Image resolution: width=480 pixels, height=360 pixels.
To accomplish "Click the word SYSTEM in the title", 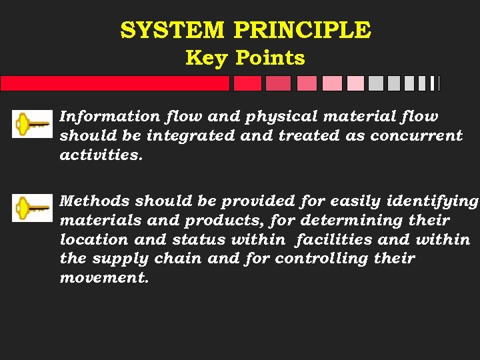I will (x=173, y=30).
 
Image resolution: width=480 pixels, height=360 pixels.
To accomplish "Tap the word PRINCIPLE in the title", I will (x=302, y=30).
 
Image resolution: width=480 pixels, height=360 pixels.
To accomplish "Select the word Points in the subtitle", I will (x=270, y=58).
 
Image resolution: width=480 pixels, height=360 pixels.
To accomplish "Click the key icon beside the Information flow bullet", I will (x=32, y=124).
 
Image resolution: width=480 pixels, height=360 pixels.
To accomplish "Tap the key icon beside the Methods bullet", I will (x=32, y=208).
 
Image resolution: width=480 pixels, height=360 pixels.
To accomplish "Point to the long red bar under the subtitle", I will (x=115, y=83).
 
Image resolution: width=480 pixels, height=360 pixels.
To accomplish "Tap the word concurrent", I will (x=416, y=136).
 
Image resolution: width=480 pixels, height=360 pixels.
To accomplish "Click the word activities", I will (x=101, y=155).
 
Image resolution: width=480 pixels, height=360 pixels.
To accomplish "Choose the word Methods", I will (x=94, y=201).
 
